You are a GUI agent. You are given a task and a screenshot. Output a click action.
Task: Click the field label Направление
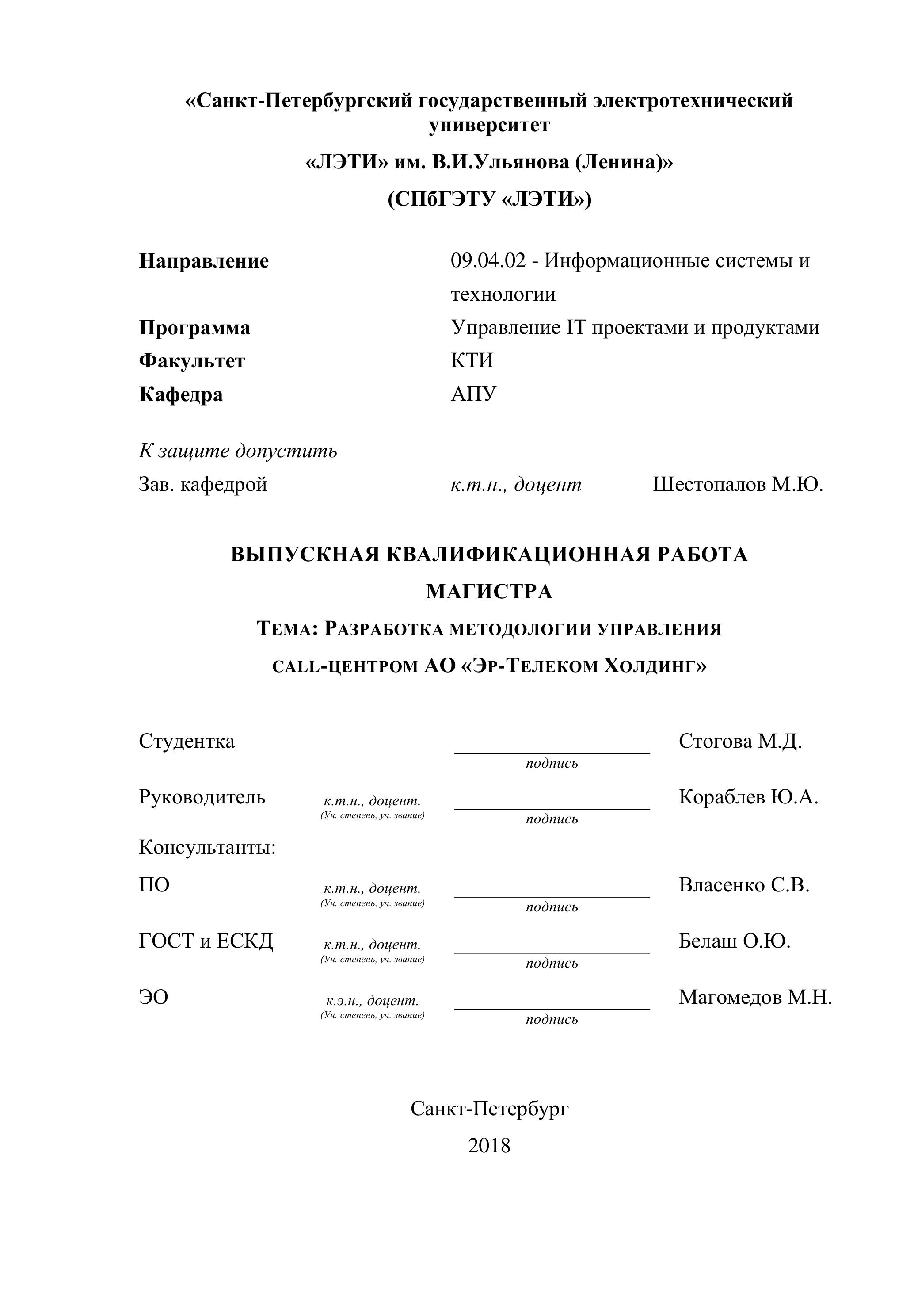(x=204, y=261)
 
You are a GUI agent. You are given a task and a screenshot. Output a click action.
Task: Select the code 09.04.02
(x=488, y=261)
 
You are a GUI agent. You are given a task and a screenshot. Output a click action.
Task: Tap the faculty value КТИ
(x=472, y=361)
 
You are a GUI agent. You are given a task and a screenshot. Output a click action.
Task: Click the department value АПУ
(x=473, y=394)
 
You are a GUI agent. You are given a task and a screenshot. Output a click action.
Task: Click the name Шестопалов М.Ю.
(x=738, y=484)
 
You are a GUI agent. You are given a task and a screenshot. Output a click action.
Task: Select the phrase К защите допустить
(x=238, y=451)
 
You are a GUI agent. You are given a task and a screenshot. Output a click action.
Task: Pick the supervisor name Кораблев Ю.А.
(x=748, y=797)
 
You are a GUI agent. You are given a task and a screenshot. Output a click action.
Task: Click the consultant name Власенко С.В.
(x=744, y=885)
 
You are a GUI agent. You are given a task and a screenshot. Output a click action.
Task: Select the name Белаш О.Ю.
(x=735, y=941)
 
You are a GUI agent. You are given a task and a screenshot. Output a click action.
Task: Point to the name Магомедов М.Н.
(x=755, y=997)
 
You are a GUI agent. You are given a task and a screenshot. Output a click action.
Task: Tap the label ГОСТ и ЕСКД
(x=206, y=941)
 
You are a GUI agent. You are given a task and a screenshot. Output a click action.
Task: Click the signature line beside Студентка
(x=552, y=752)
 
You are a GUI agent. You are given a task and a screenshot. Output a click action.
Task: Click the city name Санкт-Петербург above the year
(x=489, y=1109)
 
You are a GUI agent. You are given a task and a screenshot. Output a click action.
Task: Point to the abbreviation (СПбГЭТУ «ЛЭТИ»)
(x=489, y=199)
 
